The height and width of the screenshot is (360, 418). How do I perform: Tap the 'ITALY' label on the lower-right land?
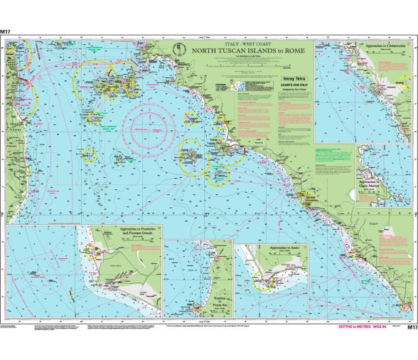(x=390, y=223)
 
